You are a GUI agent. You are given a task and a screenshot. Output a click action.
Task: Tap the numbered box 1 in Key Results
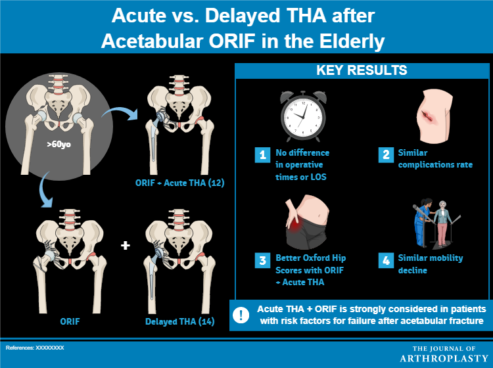pos(262,155)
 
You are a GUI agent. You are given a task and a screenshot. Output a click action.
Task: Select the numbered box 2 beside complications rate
pos(386,155)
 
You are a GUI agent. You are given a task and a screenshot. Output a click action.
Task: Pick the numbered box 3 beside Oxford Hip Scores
pos(262,259)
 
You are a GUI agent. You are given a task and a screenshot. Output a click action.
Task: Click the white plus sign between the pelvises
pos(126,246)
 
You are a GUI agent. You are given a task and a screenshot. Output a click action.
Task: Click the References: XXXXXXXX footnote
pos(35,347)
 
